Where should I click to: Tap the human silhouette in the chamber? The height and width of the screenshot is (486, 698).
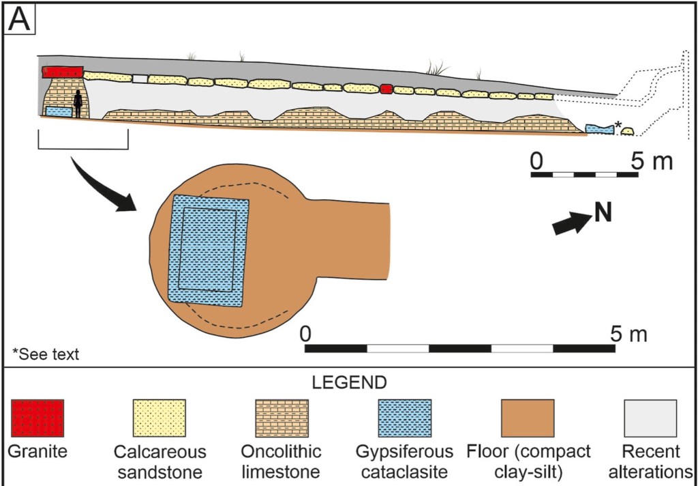point(78,104)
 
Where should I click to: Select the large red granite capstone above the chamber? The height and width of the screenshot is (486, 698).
point(63,72)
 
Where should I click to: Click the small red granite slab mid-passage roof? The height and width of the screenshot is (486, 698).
point(386,89)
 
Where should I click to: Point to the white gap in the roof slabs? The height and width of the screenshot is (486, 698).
point(140,78)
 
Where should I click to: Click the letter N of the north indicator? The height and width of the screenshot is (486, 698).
point(601,213)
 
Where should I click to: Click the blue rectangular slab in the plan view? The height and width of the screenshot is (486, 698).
point(209,251)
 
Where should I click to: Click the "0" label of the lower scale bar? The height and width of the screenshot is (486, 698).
point(305,334)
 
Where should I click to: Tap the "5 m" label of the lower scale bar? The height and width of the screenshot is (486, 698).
point(626,334)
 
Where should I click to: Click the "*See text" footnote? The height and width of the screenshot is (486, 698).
point(46,354)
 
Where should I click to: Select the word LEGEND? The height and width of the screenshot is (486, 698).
point(348,382)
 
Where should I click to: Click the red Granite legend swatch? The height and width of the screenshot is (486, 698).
point(37,418)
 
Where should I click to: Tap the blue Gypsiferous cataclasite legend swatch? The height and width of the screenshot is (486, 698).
point(405,418)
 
